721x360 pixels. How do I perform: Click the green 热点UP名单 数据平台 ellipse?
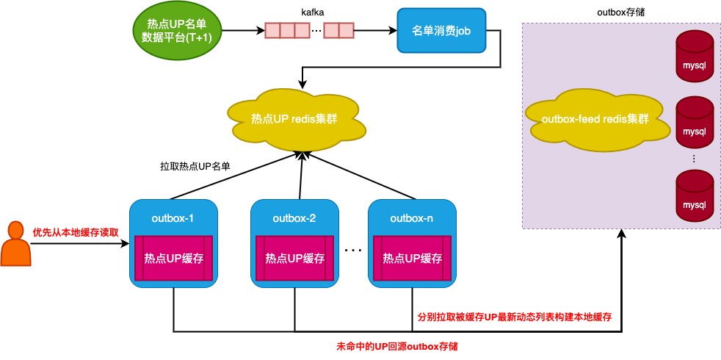[176, 31]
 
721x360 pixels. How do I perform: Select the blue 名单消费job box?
[441, 31]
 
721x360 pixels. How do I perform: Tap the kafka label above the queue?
[313, 12]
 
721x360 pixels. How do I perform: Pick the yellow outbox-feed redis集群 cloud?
[595, 118]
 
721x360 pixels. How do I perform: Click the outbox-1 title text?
[173, 218]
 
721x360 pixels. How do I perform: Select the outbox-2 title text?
[294, 218]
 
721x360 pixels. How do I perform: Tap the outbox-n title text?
[411, 218]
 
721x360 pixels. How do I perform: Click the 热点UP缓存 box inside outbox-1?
[173, 258]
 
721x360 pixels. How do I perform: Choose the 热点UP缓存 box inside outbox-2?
[294, 258]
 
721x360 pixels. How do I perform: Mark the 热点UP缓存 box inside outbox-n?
[412, 258]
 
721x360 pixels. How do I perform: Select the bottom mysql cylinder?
[694, 196]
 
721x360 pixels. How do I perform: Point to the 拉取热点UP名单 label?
[195, 167]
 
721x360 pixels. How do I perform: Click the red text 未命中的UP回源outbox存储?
[396, 345]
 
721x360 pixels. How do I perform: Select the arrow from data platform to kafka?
[242, 31]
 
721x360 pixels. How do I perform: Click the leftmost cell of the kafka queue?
[272, 31]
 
